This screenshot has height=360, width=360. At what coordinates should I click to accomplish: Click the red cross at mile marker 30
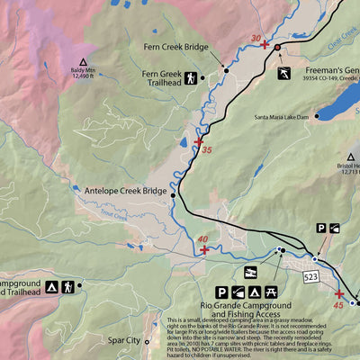coord(264,44)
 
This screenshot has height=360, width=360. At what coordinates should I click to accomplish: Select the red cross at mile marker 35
coord(199,141)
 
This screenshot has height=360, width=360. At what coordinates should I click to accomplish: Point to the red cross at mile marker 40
coord(204,249)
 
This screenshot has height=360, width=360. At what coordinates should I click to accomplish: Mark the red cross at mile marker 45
coord(339,293)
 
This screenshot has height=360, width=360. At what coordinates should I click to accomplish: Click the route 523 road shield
coord(312,274)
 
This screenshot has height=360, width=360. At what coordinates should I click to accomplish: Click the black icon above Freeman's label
coord(283,71)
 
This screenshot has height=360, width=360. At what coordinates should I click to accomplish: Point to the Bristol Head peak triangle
coord(326,157)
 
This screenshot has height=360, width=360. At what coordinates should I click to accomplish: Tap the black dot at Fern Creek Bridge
coord(226,69)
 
